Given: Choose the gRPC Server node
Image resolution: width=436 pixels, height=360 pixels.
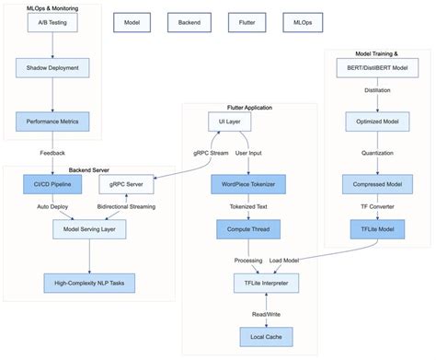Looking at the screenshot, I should tap(126, 185).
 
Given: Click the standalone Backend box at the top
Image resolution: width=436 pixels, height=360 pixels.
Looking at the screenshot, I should tap(189, 20).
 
